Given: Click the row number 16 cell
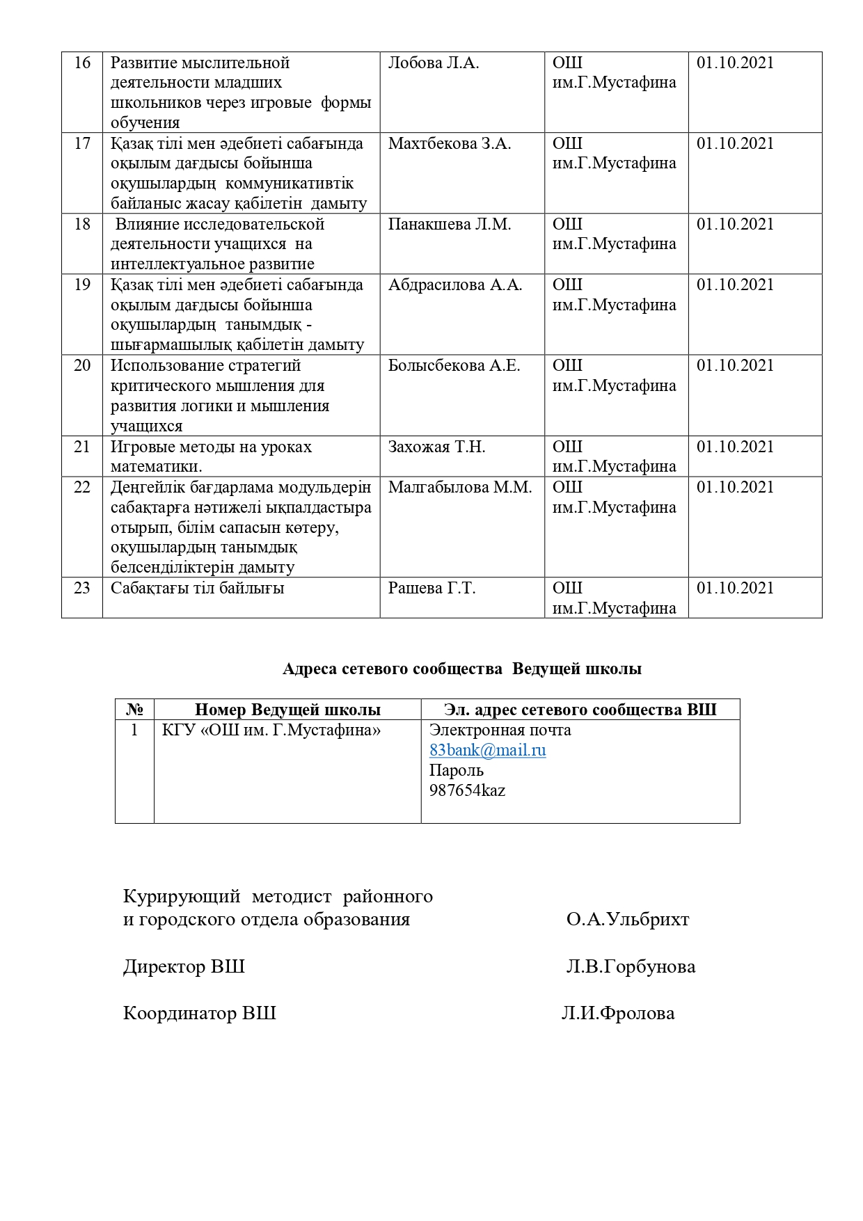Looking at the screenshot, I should click(x=82, y=63).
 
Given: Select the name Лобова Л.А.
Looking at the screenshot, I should click(x=433, y=63).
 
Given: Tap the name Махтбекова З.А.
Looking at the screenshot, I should click(x=449, y=144).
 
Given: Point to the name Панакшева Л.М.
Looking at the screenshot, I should click(x=449, y=225).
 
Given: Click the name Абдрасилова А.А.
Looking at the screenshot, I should click(x=454, y=285).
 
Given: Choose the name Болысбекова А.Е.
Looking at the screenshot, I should click(x=454, y=366).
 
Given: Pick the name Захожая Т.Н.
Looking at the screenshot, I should click(x=436, y=447).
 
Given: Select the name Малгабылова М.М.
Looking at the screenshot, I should click(x=459, y=488).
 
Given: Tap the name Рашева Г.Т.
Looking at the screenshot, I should click(x=431, y=589).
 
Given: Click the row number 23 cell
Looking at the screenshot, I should click(x=82, y=589).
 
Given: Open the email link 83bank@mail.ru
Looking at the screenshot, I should click(x=487, y=751).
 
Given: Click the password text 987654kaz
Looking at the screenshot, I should click(x=467, y=791).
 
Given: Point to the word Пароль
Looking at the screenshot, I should click(x=456, y=771).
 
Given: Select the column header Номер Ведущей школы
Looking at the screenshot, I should click(x=287, y=710).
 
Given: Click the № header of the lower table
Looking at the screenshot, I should click(x=134, y=710).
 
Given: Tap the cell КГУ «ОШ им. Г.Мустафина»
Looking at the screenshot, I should click(x=271, y=731).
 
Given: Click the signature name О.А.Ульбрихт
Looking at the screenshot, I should click(x=627, y=920).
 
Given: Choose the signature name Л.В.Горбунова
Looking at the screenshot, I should click(x=631, y=967).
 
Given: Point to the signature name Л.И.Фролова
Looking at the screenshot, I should click(x=618, y=1014).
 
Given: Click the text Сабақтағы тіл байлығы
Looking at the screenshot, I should click(x=197, y=589).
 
